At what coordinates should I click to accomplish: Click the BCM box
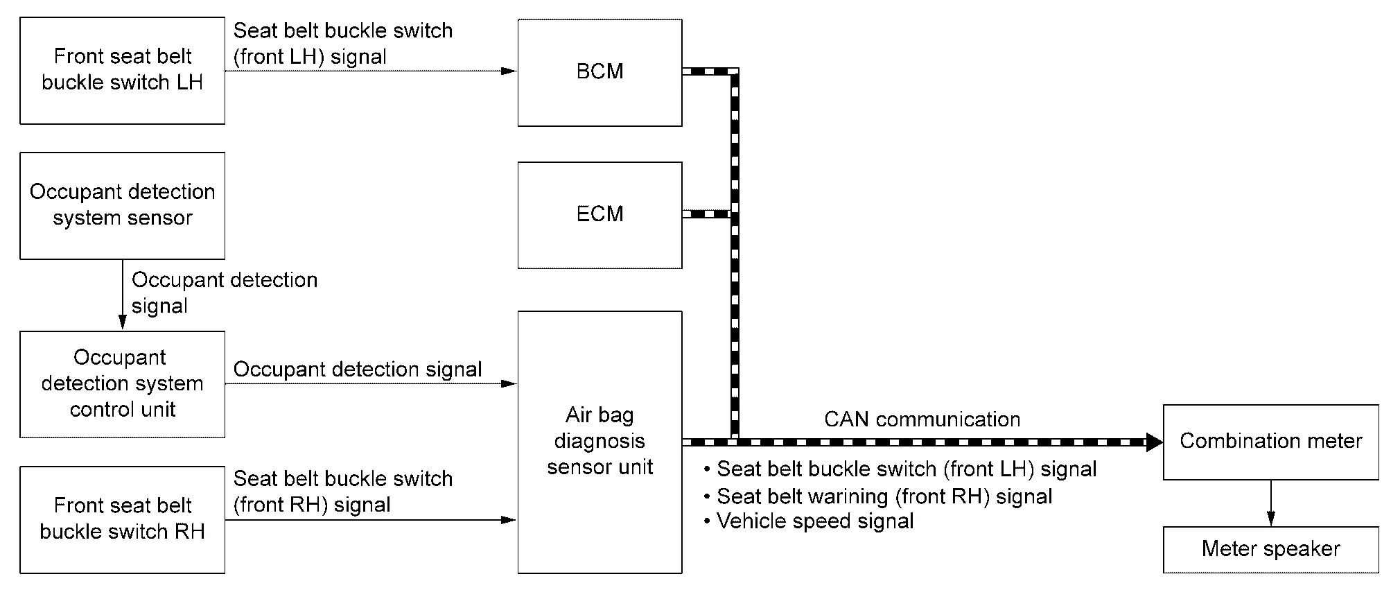point(600,72)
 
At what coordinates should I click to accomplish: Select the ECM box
point(600,214)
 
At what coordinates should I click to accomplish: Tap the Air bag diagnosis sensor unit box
point(600,442)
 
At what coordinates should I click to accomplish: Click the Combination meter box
point(1270,442)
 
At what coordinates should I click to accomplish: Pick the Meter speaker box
point(1270,549)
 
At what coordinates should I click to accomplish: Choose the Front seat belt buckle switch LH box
point(122,70)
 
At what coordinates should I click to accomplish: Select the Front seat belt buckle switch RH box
point(122,519)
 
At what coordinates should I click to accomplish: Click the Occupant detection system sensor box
point(122,205)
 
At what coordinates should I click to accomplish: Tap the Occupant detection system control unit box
point(122,383)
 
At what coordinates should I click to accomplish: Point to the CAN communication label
point(922,419)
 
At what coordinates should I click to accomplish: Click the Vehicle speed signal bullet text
point(814,521)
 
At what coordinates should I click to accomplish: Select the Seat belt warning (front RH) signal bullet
point(884,496)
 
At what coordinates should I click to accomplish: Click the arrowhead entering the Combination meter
point(1155,442)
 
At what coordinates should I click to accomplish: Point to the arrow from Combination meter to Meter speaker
point(1270,503)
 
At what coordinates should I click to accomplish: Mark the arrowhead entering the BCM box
point(509,71)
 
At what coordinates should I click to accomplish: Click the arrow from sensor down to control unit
point(123,295)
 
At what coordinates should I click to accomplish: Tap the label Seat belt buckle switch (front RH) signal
point(342,492)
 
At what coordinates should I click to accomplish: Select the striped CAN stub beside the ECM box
point(707,214)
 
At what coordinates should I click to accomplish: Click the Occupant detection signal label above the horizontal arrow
point(357,370)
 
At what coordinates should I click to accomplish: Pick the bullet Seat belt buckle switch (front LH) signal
point(906,469)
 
